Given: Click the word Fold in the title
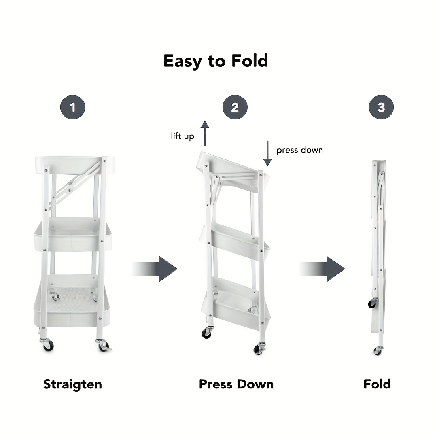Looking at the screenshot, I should (250, 61).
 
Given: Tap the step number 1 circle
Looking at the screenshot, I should (73, 108).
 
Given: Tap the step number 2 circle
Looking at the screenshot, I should (235, 108).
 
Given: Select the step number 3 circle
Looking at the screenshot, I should (381, 108).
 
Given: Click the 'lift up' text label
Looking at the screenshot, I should (182, 136).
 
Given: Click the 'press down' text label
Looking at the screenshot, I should (299, 150).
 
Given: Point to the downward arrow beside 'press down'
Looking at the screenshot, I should (267, 153).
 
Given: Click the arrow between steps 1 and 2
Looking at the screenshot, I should (156, 269).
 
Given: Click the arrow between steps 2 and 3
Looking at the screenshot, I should (323, 269).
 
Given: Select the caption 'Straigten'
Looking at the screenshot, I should (72, 384).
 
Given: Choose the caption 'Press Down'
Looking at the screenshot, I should (236, 384).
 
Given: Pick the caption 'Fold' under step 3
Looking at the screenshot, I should (377, 384).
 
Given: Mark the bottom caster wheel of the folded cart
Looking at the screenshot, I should (378, 351).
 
